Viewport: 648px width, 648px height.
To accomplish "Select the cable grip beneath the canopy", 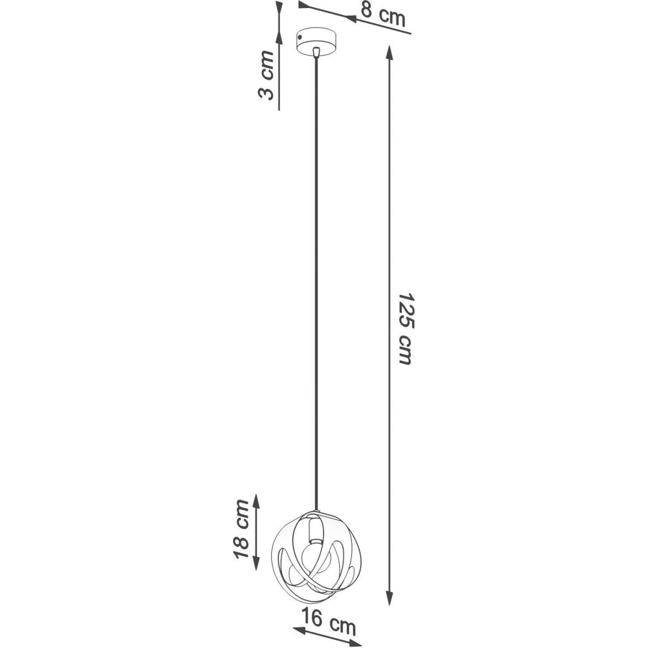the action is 316,52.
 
